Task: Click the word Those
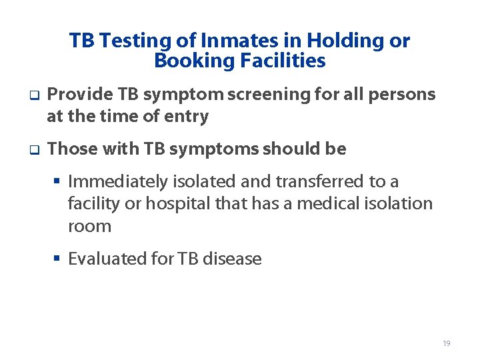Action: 73,149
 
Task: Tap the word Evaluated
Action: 103,259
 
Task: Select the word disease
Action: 233,259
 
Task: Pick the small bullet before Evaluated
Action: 59,259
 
